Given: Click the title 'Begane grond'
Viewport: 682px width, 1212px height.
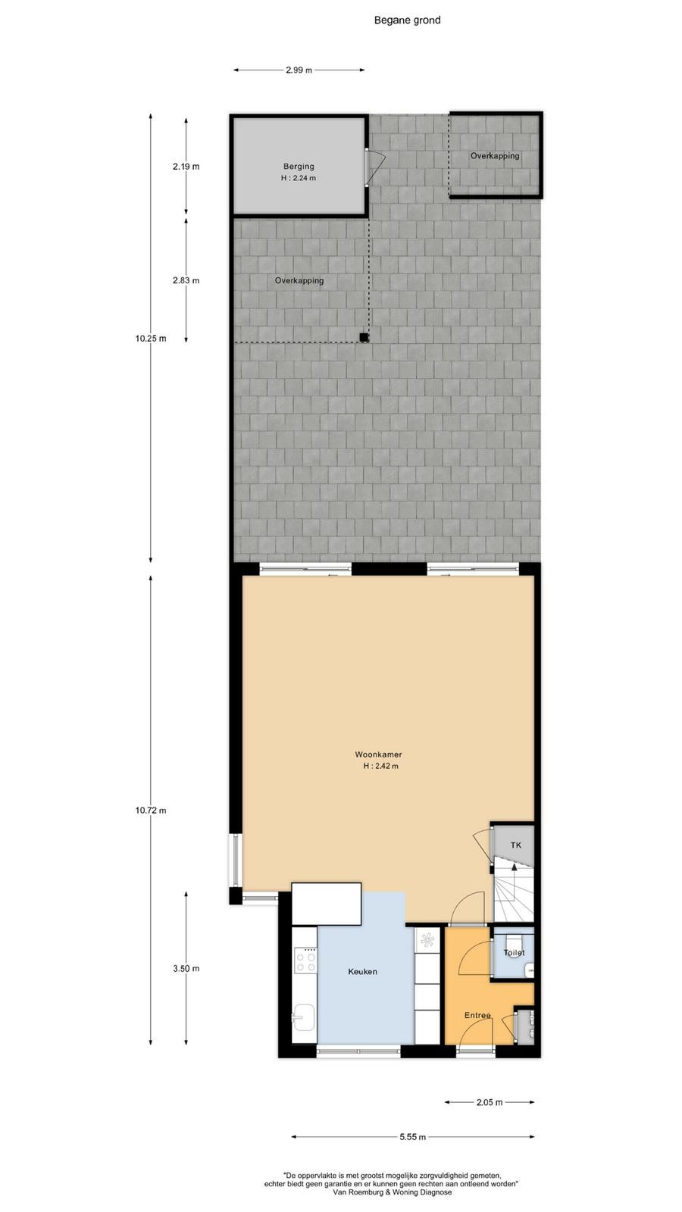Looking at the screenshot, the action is coord(407,20).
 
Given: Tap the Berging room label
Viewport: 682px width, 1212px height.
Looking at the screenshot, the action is coord(299,167).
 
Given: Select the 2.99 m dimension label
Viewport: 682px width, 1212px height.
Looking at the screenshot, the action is coord(299,70).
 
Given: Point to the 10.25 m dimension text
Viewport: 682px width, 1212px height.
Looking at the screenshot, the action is coord(151,339).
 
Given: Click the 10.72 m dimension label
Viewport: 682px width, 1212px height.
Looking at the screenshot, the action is coord(151,811).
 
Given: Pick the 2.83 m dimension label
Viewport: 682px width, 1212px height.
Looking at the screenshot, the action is coord(186,280).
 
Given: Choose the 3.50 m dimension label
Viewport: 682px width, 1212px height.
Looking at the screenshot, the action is coord(186,969).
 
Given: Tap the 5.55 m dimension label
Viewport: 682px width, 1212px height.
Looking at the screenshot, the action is coord(412,1137).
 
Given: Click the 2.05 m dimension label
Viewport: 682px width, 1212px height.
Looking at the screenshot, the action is coord(490,1102).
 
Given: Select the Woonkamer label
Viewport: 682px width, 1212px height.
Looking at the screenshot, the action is coord(378,754).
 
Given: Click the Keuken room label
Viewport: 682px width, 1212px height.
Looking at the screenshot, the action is coord(363,972).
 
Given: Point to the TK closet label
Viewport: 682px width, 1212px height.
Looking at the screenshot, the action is coord(516,845).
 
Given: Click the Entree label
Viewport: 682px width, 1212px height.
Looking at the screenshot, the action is coord(477,1016).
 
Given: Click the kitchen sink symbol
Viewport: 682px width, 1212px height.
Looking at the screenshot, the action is coord(304,1018).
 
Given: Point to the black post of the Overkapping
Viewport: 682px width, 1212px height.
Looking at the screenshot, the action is coord(364,338).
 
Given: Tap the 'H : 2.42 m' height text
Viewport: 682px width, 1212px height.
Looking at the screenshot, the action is coord(381,766).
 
